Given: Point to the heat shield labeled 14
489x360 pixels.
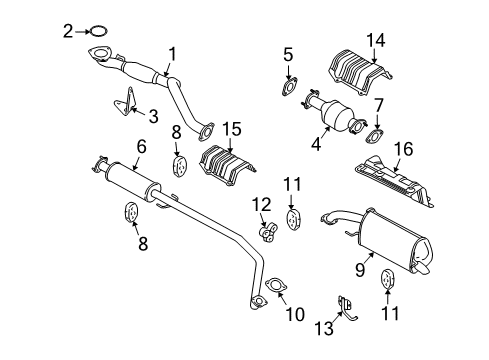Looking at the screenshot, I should coord(353,75).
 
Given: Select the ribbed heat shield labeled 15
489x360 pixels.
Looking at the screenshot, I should coord(229,165).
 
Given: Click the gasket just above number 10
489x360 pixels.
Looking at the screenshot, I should coord(273,292).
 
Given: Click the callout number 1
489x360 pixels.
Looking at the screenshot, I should coord(171,54).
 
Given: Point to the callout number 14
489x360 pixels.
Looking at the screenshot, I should coord(376,41).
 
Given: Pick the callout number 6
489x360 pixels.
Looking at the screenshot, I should coord(141,146).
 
